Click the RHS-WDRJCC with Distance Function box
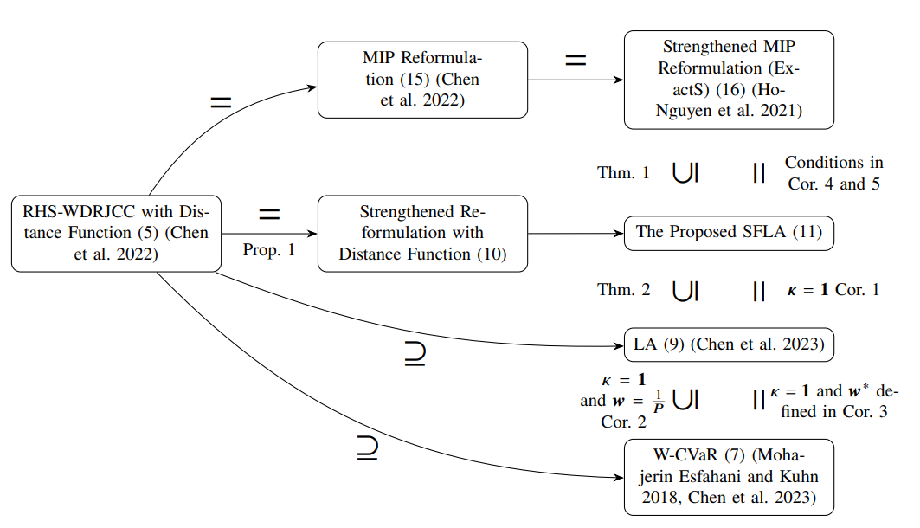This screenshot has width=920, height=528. (x=116, y=234)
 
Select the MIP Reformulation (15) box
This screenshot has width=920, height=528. (x=422, y=80)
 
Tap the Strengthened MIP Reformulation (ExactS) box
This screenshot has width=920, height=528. (x=729, y=80)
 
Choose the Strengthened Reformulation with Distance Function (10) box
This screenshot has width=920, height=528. (x=422, y=234)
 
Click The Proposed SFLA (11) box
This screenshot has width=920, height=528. (x=729, y=233)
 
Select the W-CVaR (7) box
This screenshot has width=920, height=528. (x=729, y=478)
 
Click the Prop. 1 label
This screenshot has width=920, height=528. (x=269, y=250)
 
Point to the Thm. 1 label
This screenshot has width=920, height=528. (x=623, y=173)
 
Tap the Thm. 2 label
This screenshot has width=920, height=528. (x=623, y=290)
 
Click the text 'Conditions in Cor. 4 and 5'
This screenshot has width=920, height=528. (x=834, y=173)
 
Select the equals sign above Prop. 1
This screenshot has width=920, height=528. (x=269, y=213)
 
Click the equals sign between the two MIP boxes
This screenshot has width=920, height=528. (x=576, y=61)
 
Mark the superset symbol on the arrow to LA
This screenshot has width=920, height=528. (x=415, y=355)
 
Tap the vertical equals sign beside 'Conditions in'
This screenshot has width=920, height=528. (x=759, y=173)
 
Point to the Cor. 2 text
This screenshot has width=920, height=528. (x=624, y=422)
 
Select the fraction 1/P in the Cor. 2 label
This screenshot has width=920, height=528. (x=659, y=402)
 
